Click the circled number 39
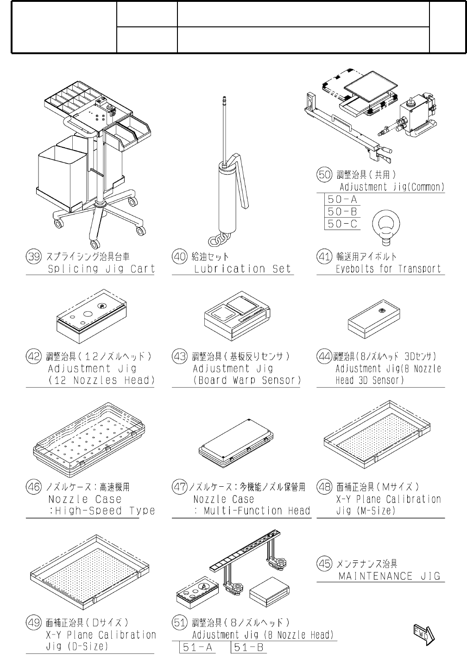click(x=33, y=257)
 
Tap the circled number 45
click(x=324, y=564)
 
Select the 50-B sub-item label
click(x=342, y=212)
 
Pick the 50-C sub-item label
click(x=342, y=224)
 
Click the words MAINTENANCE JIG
click(x=389, y=576)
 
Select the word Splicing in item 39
click(x=73, y=269)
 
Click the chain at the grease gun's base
click(x=219, y=239)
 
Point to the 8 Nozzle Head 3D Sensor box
click(x=374, y=321)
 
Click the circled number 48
click(x=324, y=487)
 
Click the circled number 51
click(x=179, y=622)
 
